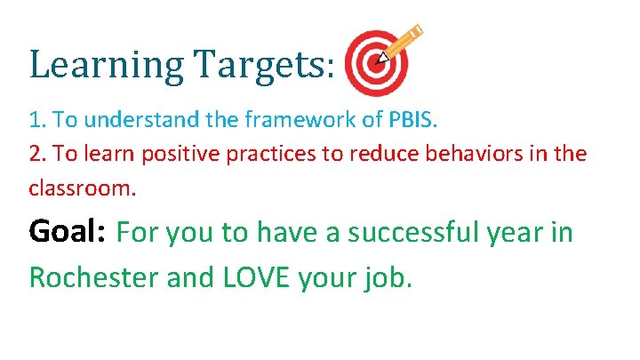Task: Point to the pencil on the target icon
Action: tap(403, 44)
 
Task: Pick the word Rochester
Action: tap(94, 277)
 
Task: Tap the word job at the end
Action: tap(389, 277)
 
